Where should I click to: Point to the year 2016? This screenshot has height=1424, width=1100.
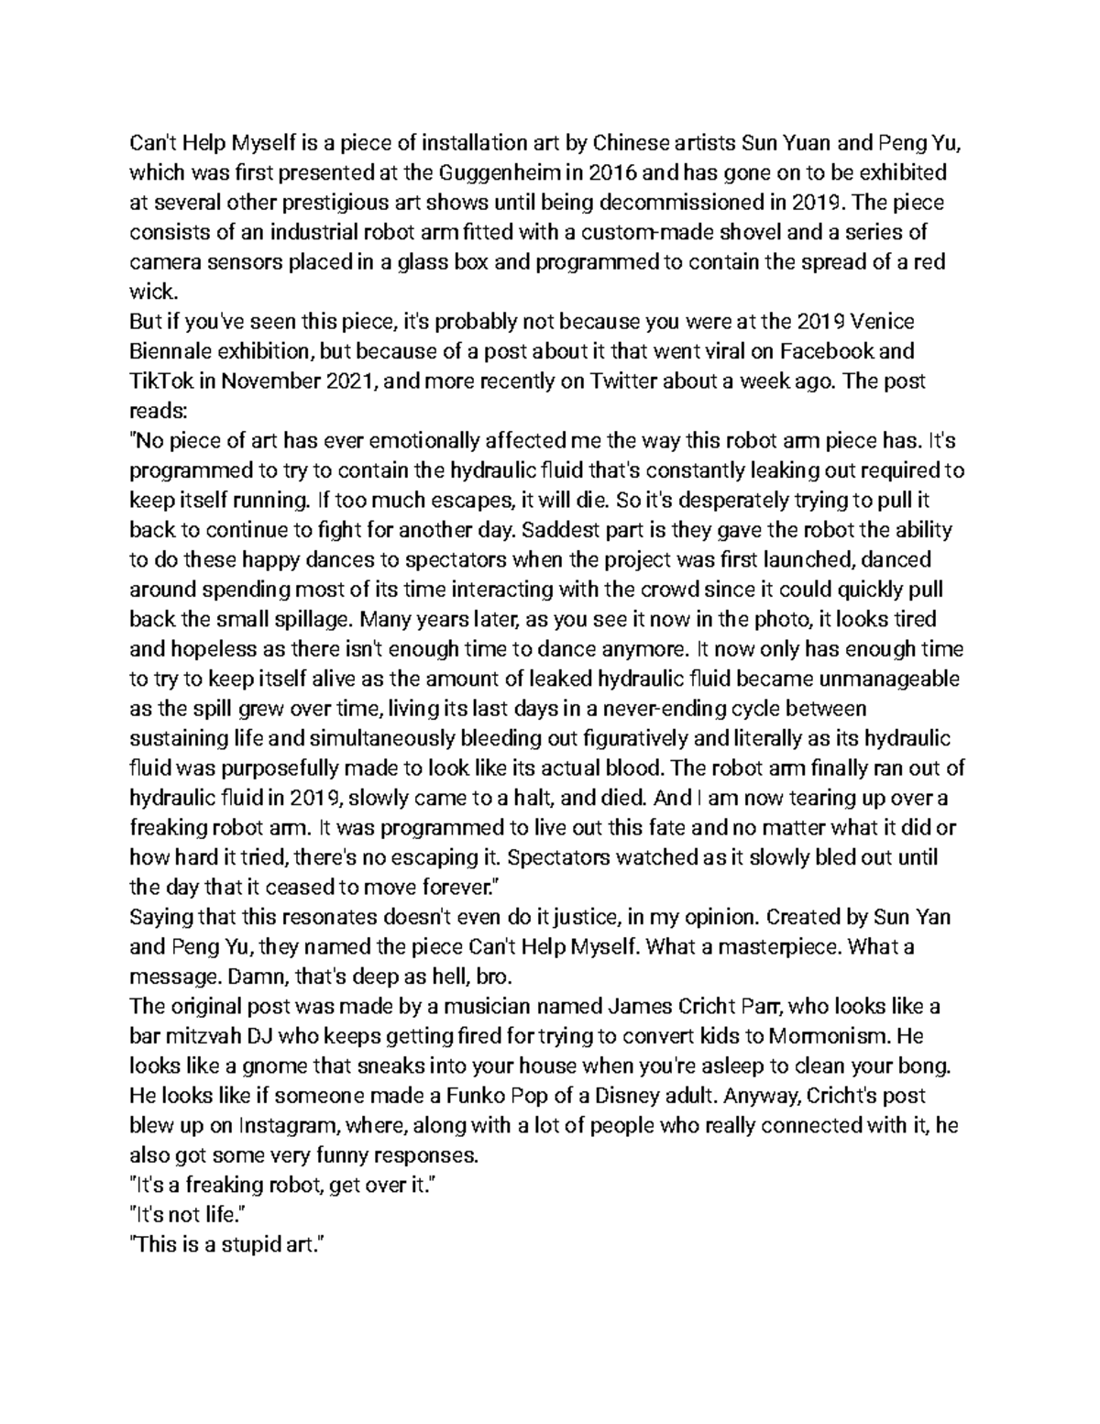(611, 172)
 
